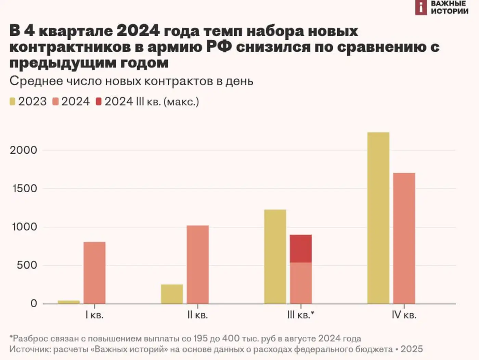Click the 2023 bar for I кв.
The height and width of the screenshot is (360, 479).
(x=69, y=302)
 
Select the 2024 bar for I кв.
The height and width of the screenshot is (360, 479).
(x=94, y=273)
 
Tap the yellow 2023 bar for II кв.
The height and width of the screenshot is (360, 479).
(x=172, y=294)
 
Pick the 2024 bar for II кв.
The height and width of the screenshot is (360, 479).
(x=198, y=265)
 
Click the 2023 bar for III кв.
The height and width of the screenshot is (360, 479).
(x=275, y=257)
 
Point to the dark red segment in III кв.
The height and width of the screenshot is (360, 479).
(x=301, y=249)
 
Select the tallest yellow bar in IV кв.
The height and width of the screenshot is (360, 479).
(x=378, y=218)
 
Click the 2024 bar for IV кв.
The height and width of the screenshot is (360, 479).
(x=404, y=238)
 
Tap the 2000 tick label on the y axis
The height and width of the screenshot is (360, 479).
(x=23, y=150)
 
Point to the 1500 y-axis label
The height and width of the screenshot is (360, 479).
(x=25, y=189)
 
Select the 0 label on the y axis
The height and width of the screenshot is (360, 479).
(x=34, y=304)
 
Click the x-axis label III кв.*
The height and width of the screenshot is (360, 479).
(x=301, y=315)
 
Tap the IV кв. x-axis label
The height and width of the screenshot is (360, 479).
(x=404, y=315)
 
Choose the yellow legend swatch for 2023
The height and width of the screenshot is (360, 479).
(x=13, y=102)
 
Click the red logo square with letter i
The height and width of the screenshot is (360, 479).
(x=421, y=8)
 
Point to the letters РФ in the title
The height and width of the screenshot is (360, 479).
(x=219, y=47)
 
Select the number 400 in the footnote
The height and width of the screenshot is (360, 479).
(x=231, y=338)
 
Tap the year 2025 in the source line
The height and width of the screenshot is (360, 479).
(x=412, y=349)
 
